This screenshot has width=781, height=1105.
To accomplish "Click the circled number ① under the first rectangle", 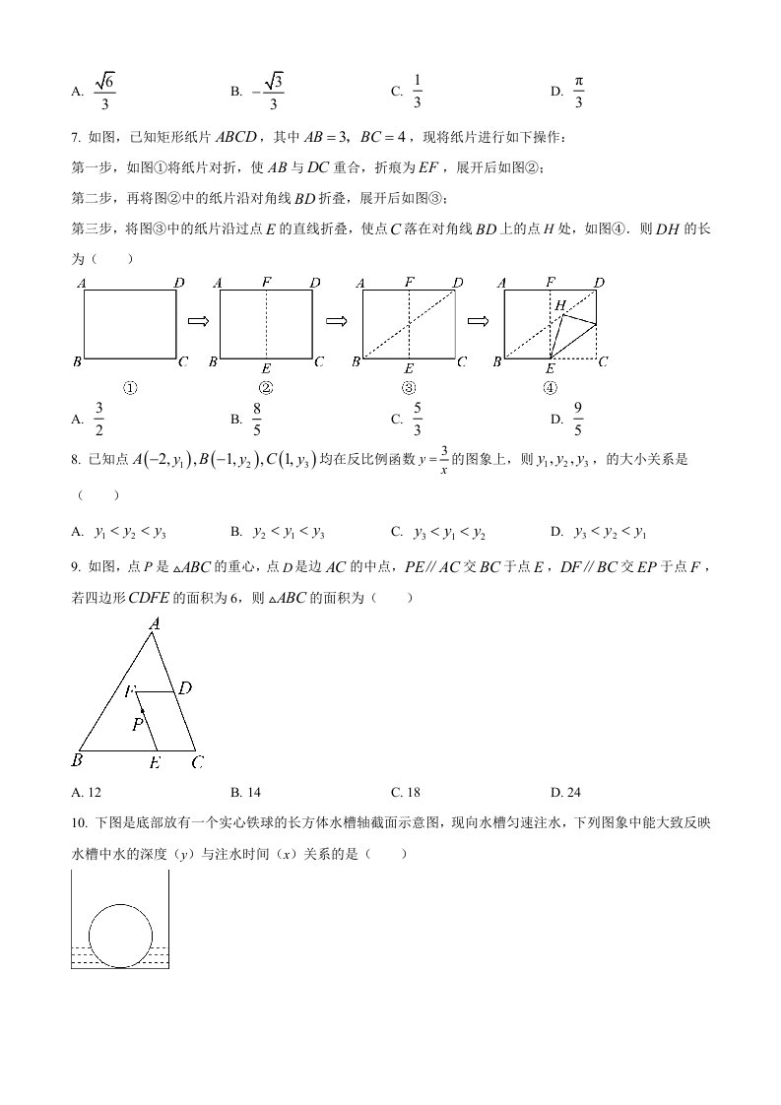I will coord(130,387).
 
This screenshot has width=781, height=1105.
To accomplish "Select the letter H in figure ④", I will coord(559,306).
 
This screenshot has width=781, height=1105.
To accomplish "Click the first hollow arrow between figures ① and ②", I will coord(197,321).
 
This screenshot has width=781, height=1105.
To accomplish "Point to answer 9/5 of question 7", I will coord(578,419).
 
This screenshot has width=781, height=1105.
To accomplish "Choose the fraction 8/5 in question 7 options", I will coord(257,419).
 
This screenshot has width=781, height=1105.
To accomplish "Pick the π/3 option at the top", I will coord(578,92).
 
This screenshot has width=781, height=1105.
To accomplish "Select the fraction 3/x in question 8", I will coord(444,459).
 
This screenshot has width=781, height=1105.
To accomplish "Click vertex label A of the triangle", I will coord(155,622).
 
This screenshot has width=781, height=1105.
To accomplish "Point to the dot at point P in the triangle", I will coord(142,709).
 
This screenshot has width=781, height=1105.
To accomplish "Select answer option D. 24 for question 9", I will coord(568,791).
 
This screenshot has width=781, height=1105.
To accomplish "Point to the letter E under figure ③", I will coord(409,367).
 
